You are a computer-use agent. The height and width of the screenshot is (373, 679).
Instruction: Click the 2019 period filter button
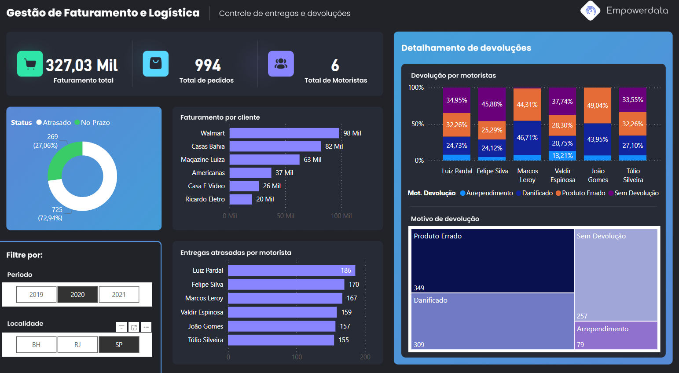click(37, 295)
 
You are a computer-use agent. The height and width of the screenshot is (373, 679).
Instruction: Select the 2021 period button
click(119, 295)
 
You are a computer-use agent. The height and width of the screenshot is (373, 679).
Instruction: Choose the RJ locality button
click(77, 345)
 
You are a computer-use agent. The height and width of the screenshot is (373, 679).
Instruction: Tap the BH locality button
click(37, 345)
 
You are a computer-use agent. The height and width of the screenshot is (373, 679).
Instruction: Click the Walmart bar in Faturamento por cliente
click(284, 133)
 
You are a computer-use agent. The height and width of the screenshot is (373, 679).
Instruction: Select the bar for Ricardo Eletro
click(241, 199)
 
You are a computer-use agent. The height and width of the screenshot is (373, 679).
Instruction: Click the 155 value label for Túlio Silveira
click(344, 340)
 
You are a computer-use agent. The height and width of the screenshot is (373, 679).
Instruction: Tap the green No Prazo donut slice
click(62, 161)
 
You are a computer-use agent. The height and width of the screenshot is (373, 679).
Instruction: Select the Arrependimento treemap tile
click(616, 335)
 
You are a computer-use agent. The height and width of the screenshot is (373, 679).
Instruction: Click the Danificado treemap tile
click(492, 321)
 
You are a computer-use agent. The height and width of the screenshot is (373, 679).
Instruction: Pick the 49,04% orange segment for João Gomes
click(598, 106)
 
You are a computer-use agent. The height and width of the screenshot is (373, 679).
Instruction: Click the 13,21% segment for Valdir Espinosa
click(562, 156)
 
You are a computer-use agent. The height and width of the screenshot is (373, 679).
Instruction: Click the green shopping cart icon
click(30, 64)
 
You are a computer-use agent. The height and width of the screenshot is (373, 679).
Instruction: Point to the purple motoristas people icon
click(281, 64)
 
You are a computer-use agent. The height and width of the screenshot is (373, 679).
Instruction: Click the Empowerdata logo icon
click(591, 11)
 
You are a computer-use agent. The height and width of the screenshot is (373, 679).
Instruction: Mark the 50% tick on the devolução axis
click(418, 124)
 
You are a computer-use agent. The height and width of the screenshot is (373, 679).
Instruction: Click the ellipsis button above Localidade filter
click(147, 327)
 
